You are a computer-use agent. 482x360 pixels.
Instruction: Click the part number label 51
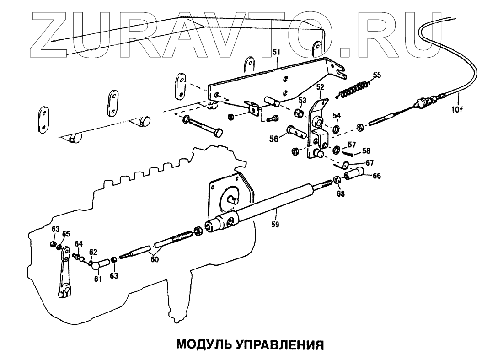276,53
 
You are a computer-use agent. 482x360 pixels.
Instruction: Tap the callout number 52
320,86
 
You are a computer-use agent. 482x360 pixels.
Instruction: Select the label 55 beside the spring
376,75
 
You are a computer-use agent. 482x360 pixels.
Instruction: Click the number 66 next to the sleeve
376,176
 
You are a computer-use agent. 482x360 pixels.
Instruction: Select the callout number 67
370,162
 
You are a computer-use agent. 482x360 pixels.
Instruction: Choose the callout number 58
367,150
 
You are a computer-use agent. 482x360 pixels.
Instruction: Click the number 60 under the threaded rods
155,259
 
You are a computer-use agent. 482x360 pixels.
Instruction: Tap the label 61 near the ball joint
97,279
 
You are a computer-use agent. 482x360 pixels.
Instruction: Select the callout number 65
66,234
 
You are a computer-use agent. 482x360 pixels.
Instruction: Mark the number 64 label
79,243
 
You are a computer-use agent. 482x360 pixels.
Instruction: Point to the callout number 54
337,115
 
